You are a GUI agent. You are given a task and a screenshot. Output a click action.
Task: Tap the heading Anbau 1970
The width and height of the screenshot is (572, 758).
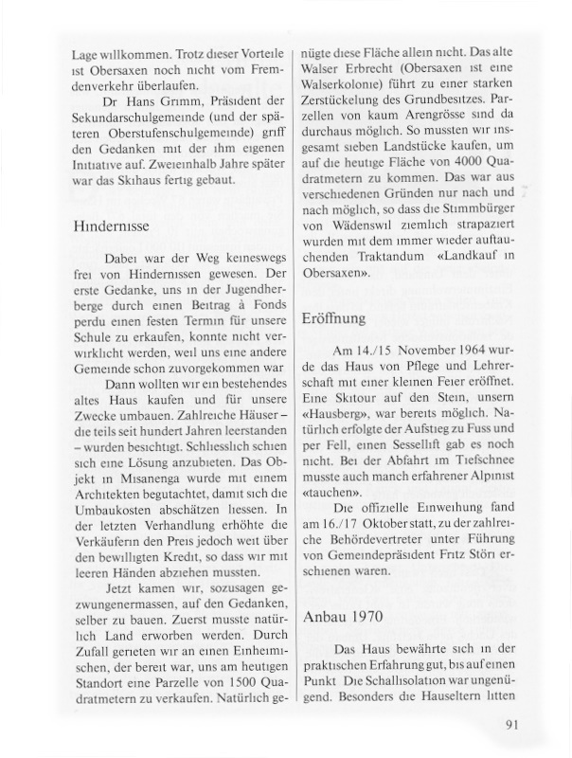[x=343, y=615]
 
